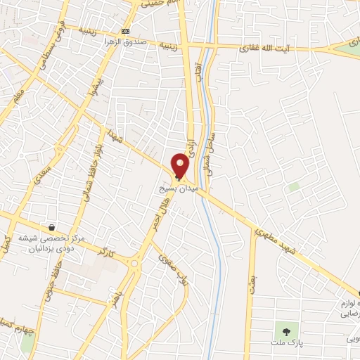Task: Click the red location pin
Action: point(180,166)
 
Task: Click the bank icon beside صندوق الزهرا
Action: point(126,31)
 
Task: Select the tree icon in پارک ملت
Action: point(285,328)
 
